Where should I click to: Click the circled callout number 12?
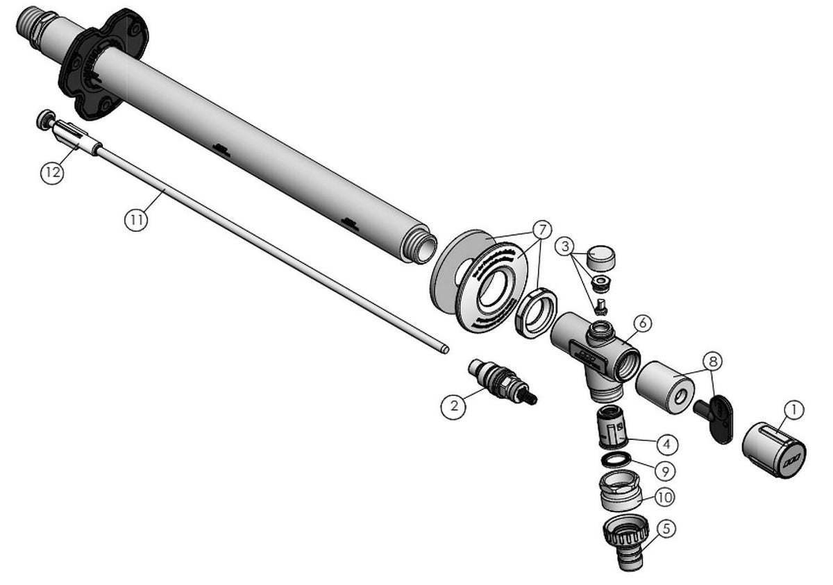click(52, 173)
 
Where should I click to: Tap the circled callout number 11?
click(136, 220)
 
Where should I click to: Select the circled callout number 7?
click(542, 230)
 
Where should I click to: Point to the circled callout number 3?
click(565, 246)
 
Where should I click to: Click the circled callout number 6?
click(643, 323)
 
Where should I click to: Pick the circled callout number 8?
click(712, 361)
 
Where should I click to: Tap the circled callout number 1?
click(793, 409)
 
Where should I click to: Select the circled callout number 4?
click(667, 443)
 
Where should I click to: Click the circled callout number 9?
click(665, 471)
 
